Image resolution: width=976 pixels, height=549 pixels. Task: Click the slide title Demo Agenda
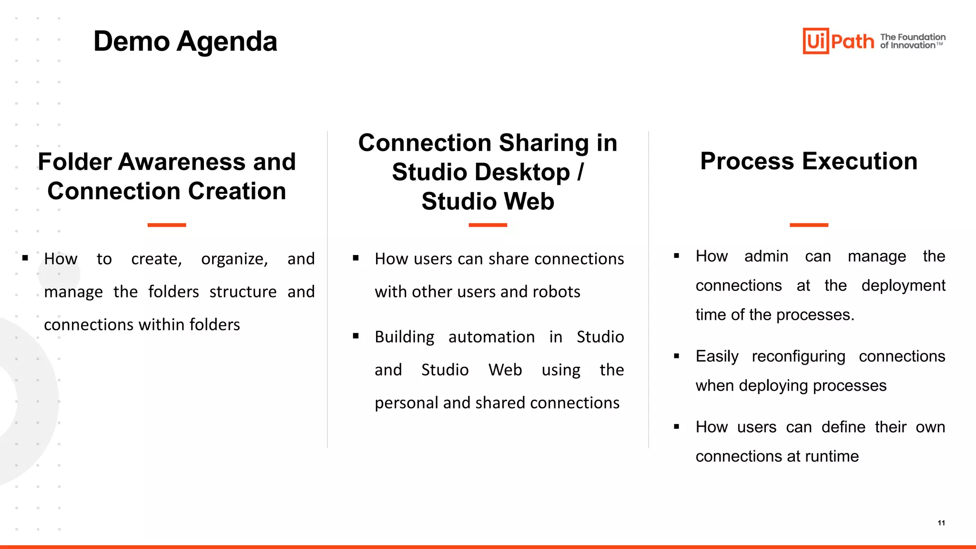click(x=185, y=41)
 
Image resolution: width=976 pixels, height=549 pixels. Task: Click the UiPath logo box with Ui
click(x=815, y=41)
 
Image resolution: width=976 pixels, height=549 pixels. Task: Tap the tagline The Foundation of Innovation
click(x=912, y=41)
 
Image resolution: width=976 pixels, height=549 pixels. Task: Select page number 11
click(x=941, y=523)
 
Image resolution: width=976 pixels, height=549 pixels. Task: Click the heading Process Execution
click(x=809, y=161)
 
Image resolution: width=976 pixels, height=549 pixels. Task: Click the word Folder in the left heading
click(x=74, y=162)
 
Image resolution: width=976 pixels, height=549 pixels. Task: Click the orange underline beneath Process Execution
click(x=809, y=225)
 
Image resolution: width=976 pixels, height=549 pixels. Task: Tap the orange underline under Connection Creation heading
click(x=166, y=225)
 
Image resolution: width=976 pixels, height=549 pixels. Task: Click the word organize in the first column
click(x=234, y=259)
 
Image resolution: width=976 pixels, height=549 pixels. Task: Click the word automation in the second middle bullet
click(x=491, y=337)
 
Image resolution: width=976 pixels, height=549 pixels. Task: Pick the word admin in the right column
click(x=766, y=256)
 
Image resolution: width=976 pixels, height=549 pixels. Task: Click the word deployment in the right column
click(x=903, y=285)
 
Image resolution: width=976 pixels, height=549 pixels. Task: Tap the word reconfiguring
click(x=798, y=356)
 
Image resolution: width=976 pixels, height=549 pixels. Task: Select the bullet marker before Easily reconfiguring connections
click(x=676, y=356)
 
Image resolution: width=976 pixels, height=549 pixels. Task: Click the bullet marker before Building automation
click(x=356, y=336)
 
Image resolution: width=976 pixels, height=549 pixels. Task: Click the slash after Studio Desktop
click(x=580, y=172)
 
